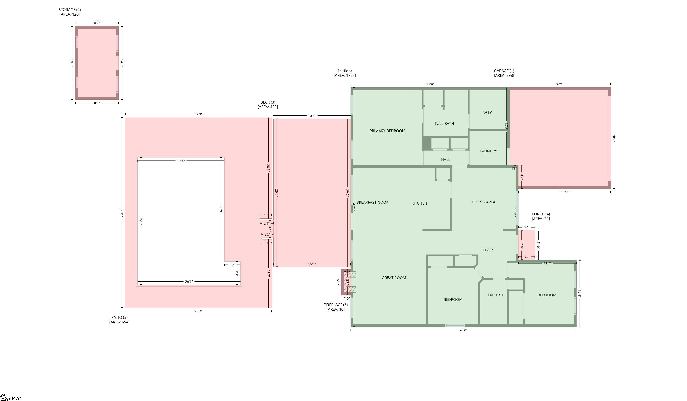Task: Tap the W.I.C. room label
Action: point(488,113)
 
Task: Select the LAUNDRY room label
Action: point(488,151)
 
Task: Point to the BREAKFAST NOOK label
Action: point(372,202)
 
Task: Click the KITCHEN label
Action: point(419,203)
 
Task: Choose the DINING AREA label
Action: point(483,202)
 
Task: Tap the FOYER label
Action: point(487,250)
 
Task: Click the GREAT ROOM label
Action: point(394,278)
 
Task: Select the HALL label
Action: point(445,159)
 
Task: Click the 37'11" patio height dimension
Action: point(122,213)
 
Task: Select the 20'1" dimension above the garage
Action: point(560,84)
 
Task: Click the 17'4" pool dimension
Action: point(181,161)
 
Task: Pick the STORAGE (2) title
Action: point(70,10)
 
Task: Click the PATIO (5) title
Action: point(119,318)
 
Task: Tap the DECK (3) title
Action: point(268,102)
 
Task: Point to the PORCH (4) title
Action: point(541,214)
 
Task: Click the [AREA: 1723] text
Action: point(345,76)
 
